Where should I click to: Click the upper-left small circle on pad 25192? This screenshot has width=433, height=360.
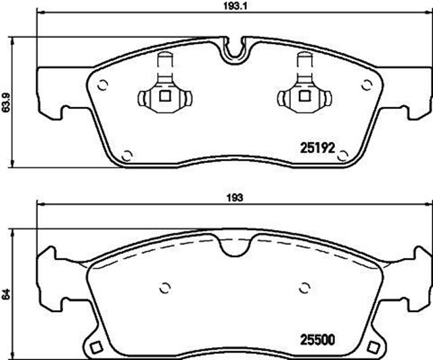(x=103, y=85)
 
